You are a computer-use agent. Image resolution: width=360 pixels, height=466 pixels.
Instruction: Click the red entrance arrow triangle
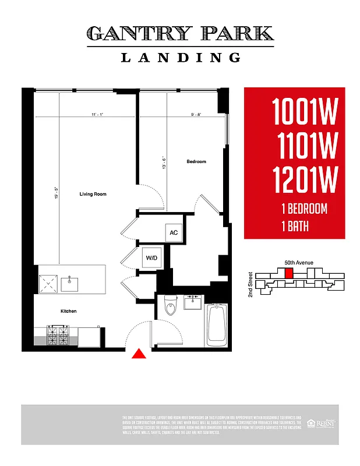pyautogui.click(x=139, y=354)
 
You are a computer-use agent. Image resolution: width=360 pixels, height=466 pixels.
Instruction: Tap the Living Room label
pyautogui.click(x=93, y=194)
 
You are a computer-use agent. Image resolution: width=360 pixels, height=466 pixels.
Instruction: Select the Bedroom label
pyautogui.click(x=196, y=161)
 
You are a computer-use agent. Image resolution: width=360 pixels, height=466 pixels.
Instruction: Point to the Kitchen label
pyautogui.click(x=69, y=311)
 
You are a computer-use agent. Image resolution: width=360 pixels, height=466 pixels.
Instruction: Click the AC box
pyautogui.click(x=174, y=232)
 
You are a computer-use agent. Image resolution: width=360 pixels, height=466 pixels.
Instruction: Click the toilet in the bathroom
pyautogui.click(x=171, y=306)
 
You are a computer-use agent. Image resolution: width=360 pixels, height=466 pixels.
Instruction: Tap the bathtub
pyautogui.click(x=217, y=327)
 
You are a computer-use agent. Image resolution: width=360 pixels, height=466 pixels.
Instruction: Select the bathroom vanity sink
pyautogui.click(x=193, y=302)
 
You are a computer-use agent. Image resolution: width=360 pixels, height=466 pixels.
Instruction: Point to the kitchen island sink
pyautogui.click(x=70, y=284)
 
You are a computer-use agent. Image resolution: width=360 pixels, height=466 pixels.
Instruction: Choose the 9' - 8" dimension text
pyautogui.click(x=195, y=114)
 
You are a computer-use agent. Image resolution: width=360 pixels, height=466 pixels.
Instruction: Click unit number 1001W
pyautogui.click(x=304, y=111)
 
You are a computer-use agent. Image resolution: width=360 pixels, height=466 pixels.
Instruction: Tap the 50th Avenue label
pyautogui.click(x=299, y=263)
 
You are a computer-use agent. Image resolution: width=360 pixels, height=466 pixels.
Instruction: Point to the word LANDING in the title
pyautogui.click(x=180, y=58)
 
